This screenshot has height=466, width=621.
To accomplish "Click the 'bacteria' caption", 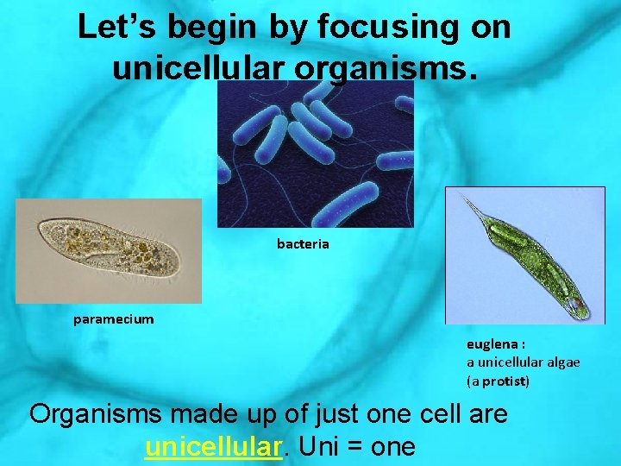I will point(303,244).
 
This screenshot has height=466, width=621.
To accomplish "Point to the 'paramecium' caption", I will point(114,319).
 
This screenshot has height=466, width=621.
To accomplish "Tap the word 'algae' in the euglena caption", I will point(561,362).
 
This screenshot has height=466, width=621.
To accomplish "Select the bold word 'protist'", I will point(505,381).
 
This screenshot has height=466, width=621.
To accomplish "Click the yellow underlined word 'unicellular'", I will point(214,447).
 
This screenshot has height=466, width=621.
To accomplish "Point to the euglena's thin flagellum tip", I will point(466,200).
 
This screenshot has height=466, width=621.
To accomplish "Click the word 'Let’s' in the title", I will point(117,28).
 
